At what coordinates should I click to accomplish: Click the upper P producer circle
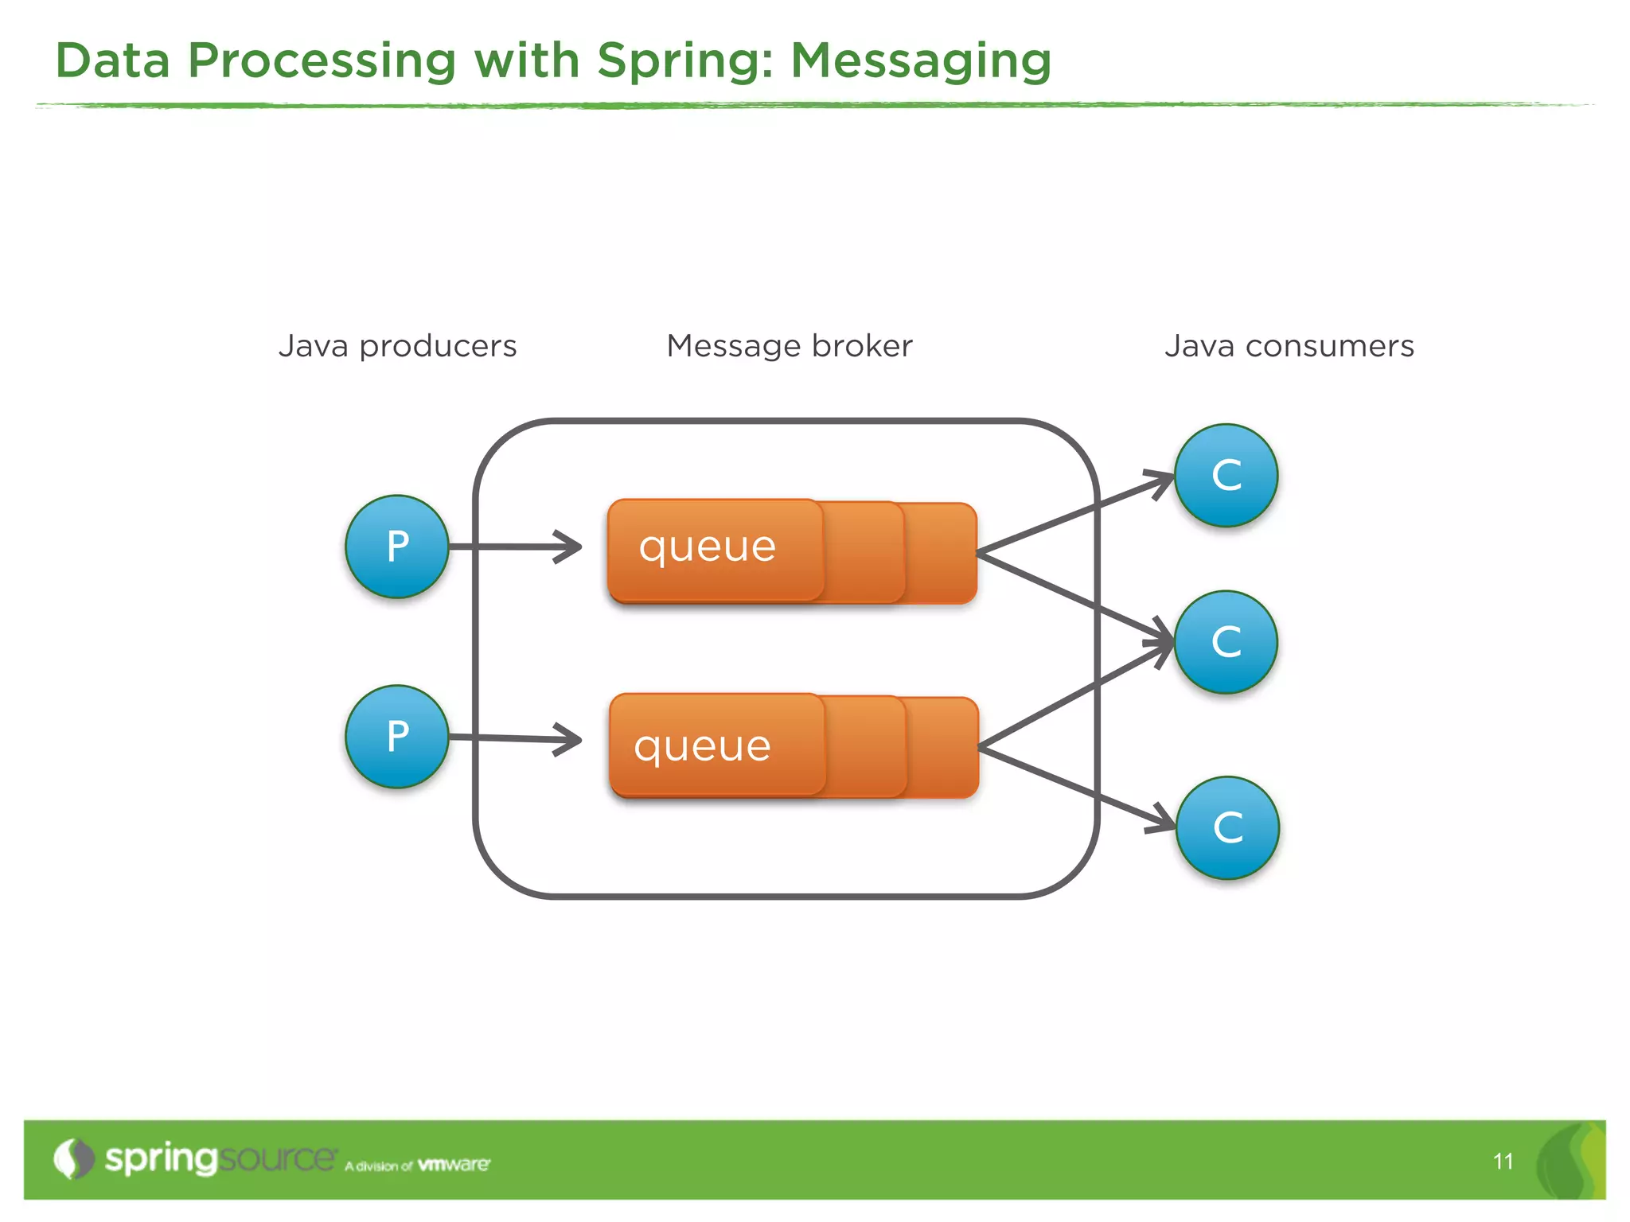tap(397, 547)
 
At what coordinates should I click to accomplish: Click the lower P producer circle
tap(397, 737)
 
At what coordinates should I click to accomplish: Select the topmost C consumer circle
tap(1226, 475)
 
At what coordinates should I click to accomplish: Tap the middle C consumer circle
tap(1226, 642)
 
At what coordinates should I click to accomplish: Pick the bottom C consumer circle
tap(1227, 827)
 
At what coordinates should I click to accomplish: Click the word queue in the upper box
tap(707, 547)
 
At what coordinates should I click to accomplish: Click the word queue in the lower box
tap(702, 746)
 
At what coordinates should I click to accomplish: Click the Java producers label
tap(397, 346)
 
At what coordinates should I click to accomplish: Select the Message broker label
tap(789, 346)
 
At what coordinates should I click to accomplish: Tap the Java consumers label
tap(1289, 346)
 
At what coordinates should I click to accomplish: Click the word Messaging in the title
tap(921, 61)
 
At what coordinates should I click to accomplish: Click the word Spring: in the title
tap(684, 61)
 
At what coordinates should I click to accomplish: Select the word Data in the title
tap(112, 61)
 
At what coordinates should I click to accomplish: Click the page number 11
tap(1503, 1162)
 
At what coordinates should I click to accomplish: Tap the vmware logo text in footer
tap(454, 1165)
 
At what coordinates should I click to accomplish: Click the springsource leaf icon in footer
tap(74, 1158)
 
